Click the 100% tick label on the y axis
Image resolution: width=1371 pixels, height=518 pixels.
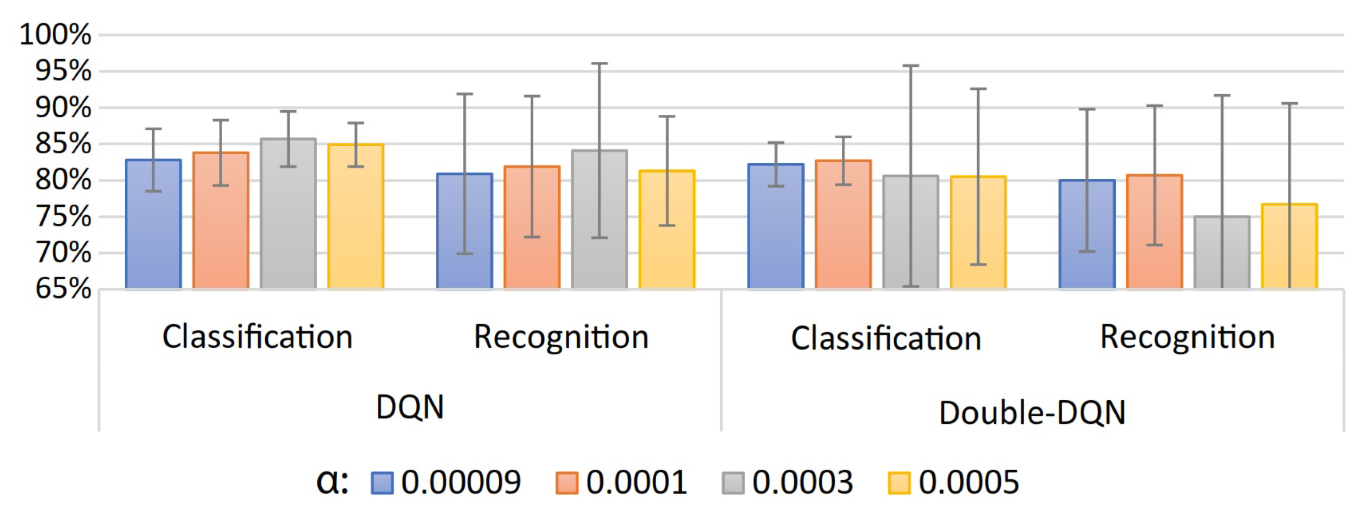click(x=55, y=35)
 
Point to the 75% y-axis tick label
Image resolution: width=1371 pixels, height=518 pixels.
click(x=63, y=217)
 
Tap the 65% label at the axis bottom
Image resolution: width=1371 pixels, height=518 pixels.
click(x=63, y=289)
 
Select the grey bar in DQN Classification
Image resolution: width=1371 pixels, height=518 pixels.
click(x=288, y=224)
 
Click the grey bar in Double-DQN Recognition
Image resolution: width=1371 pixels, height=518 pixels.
click(x=1222, y=255)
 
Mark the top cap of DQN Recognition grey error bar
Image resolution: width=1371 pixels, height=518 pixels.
click(x=599, y=63)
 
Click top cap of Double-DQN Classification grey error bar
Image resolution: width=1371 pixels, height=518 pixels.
click(x=910, y=65)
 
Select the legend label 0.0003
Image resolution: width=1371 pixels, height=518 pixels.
click(x=802, y=483)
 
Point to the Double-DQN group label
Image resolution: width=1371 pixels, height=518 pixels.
click(x=1032, y=413)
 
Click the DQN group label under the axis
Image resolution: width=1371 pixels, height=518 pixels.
click(x=409, y=407)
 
